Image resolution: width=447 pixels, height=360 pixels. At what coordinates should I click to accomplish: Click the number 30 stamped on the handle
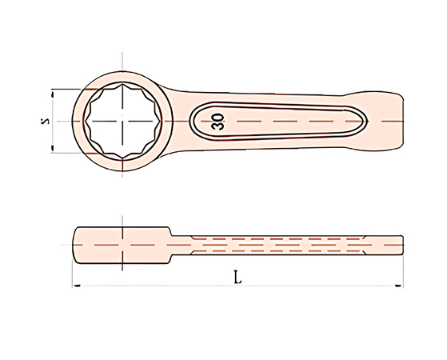coord(218,122)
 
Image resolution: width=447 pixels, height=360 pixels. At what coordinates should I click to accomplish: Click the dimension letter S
coord(45,121)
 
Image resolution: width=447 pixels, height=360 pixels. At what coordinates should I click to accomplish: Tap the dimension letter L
coord(237,277)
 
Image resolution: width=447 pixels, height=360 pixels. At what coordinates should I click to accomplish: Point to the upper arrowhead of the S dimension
coord(52,94)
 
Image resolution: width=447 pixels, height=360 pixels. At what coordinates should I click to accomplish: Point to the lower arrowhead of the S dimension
coord(52,148)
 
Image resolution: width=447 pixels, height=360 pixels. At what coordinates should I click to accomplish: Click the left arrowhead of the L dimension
coord(76,286)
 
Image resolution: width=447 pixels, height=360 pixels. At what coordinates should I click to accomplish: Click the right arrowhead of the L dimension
coord(398,286)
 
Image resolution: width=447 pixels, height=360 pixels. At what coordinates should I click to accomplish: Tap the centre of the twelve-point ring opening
coord(122,122)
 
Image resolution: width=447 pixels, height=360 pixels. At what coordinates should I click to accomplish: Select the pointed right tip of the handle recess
coord(366,122)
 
